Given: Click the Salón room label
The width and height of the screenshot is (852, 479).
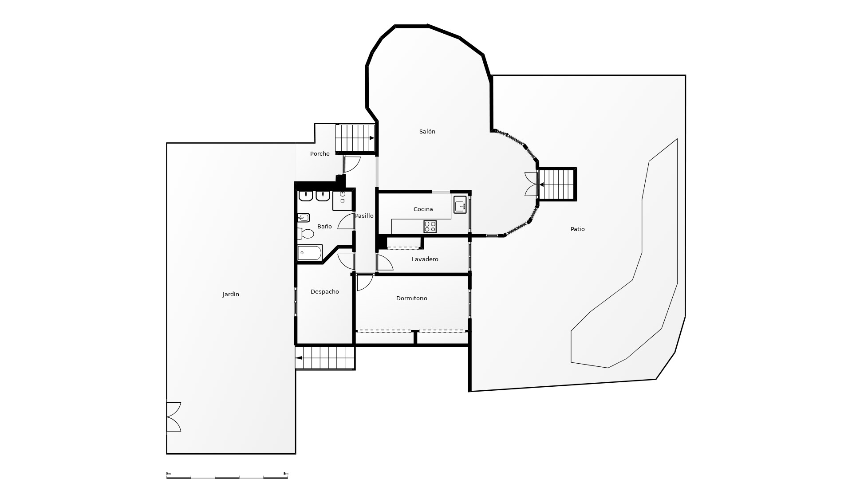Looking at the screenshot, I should tap(427, 132).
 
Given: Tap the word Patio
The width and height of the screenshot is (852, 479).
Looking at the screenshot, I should tap(577, 229).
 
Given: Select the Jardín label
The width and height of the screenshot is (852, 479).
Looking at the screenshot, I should tap(231, 294).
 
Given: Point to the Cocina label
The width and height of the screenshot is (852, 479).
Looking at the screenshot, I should tap(423, 209).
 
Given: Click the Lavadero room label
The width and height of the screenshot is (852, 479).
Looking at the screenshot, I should tap(425, 259).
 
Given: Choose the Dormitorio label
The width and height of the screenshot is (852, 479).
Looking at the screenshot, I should tap(411, 298).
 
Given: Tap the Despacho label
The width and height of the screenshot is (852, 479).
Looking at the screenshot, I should tap(324, 292).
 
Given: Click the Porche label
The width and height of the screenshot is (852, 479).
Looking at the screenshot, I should tap(319, 154).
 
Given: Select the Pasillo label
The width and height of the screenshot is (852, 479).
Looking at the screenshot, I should tap(364, 216).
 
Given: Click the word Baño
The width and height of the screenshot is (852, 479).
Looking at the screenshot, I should tap(324, 227).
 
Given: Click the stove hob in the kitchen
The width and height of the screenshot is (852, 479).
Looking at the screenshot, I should tap(430, 227).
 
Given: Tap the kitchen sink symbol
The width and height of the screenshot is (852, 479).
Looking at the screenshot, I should tap(460, 206).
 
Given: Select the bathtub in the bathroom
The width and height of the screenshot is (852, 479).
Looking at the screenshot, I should tap(309, 253).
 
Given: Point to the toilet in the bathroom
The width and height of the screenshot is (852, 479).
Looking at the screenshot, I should tap(306, 233).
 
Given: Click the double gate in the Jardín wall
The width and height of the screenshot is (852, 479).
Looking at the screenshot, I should tap(174, 417).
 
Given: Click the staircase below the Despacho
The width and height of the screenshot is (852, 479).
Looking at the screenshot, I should tap(325, 358).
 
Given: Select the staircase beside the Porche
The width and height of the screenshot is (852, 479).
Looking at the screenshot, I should tap(355, 138).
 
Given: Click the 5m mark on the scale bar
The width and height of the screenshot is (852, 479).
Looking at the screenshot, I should tap(286, 474).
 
